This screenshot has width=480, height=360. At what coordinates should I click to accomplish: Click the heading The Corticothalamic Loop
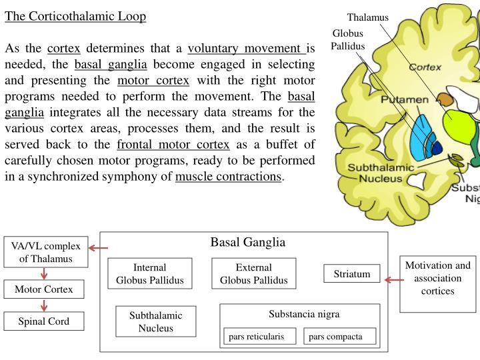[x=75, y=16]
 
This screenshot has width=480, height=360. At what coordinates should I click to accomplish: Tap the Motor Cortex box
[x=44, y=289]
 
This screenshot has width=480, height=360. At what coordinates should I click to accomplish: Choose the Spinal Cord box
[x=44, y=322]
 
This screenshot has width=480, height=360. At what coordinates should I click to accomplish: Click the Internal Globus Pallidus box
[x=149, y=273]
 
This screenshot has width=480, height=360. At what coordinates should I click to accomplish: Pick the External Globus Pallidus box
[x=254, y=273]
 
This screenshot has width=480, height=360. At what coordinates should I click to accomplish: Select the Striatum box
[x=351, y=274]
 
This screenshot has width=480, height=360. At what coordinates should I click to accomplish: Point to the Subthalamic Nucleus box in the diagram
[x=156, y=321]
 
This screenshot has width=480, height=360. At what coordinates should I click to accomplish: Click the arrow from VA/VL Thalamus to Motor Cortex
[x=44, y=273]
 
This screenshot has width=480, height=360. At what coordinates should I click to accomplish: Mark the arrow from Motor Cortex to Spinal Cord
[x=44, y=306]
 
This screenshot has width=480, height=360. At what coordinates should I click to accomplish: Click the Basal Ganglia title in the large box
[x=247, y=242]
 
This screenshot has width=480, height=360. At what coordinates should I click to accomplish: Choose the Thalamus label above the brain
[x=367, y=17]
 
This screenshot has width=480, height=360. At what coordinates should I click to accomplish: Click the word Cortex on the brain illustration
[x=425, y=67]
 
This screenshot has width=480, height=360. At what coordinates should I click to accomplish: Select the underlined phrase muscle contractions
[x=228, y=177]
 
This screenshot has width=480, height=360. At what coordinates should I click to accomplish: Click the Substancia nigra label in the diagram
[x=300, y=313]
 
